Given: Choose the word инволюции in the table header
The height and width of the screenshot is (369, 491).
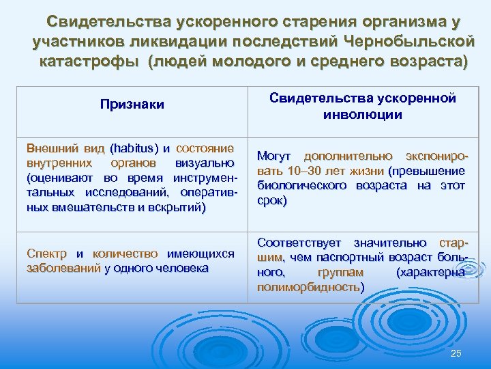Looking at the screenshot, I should [x=362, y=114].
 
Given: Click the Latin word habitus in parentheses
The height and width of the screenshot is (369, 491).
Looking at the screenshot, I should [x=134, y=149].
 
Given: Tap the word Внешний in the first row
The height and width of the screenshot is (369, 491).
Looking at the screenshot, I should [x=49, y=149].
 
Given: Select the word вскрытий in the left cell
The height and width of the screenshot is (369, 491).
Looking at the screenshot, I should [x=175, y=207].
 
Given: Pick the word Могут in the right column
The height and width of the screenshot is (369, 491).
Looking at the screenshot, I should [x=275, y=156].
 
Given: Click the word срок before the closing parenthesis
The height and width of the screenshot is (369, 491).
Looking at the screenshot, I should [x=270, y=200].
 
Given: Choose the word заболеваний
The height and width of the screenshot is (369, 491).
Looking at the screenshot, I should [x=62, y=268].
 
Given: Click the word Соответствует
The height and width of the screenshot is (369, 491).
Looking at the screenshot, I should [x=301, y=243].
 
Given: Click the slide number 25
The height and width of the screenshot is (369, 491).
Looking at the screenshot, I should [x=456, y=353].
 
